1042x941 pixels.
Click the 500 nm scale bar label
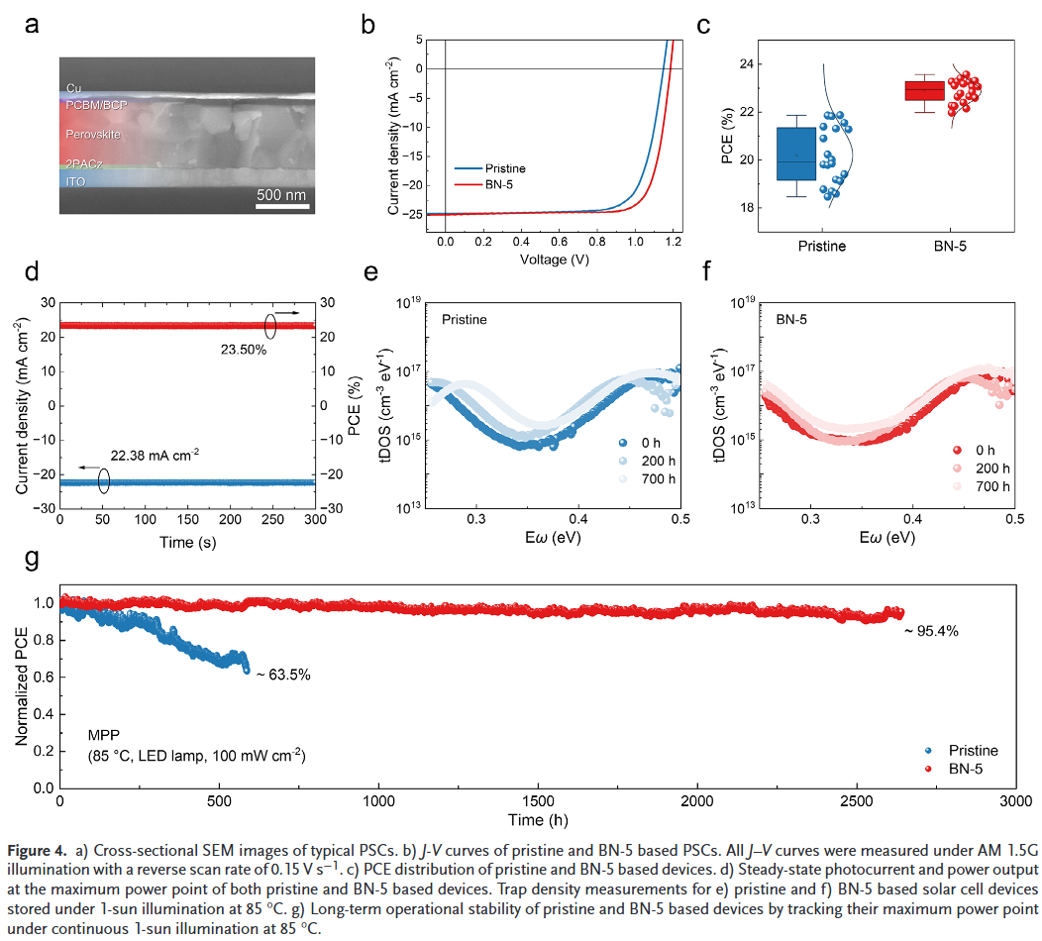click(281, 194)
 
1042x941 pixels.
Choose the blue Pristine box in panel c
click(795, 154)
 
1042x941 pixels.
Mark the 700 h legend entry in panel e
click(658, 479)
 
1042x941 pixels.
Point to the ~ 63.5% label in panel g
click(283, 675)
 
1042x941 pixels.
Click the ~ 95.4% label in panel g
click(929, 631)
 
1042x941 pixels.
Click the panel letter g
click(33, 560)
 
